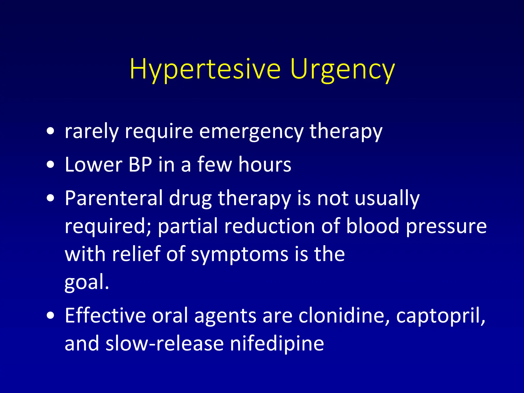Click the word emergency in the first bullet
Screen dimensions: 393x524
(251, 132)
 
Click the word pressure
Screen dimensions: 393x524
(446, 227)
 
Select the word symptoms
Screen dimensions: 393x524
(239, 255)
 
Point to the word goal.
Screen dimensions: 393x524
(87, 282)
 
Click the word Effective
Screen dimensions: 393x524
(105, 316)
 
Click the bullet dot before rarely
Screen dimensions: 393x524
(51, 132)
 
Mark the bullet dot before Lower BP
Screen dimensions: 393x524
(51, 165)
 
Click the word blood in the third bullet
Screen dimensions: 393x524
(373, 226)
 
